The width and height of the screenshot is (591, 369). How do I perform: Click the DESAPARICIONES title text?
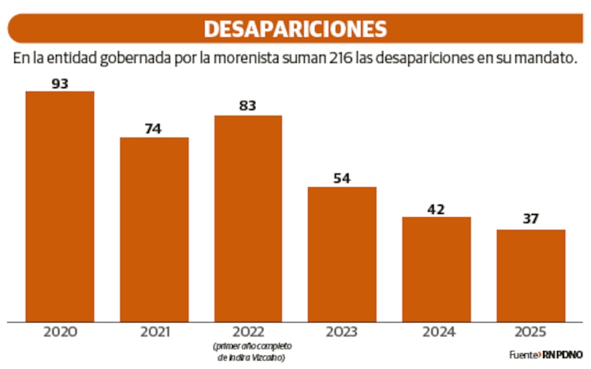[295, 28]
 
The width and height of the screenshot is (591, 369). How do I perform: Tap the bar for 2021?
[154, 229]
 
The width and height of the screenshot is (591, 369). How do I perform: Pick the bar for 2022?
[248, 218]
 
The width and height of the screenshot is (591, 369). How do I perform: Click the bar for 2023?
[342, 253]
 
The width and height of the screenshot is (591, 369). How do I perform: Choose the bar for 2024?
[437, 268]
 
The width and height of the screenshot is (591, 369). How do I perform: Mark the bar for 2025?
[530, 275]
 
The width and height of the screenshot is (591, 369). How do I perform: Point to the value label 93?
[60, 83]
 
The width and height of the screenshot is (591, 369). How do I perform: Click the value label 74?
[154, 128]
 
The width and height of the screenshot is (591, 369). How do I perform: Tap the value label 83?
[248, 106]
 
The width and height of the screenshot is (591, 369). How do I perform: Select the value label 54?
[342, 178]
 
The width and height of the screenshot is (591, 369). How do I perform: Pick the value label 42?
[437, 208]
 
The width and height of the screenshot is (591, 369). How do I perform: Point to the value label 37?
[530, 220]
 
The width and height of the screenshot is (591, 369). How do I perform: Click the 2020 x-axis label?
[60, 333]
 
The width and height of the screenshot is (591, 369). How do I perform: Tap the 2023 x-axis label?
[342, 333]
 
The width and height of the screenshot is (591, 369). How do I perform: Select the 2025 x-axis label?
[530, 333]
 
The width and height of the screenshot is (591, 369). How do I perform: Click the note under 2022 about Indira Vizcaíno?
[248, 352]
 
